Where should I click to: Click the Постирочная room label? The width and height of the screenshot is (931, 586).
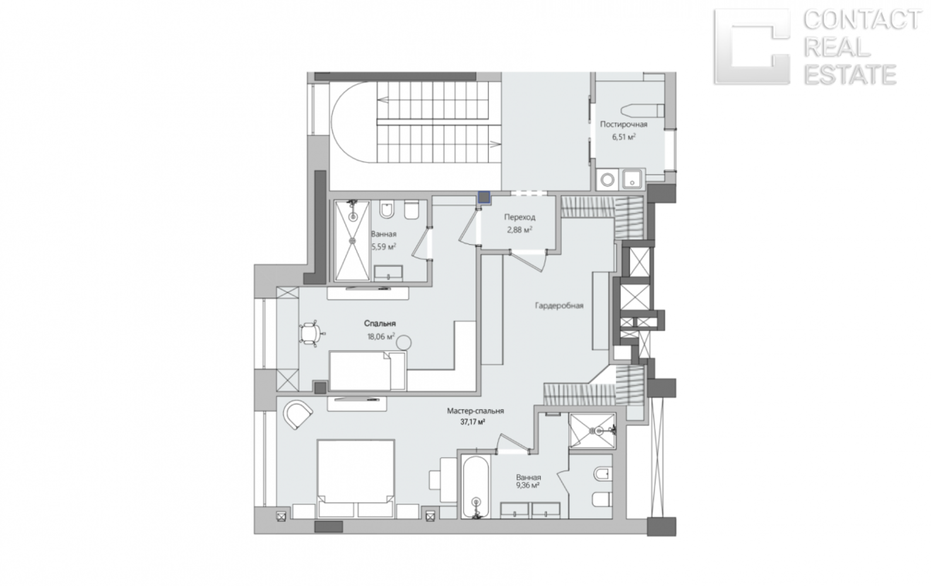pyautogui.click(x=624, y=124)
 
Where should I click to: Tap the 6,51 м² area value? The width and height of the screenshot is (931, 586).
pyautogui.click(x=624, y=137)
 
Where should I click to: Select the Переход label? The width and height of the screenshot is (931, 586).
pyautogui.click(x=520, y=217)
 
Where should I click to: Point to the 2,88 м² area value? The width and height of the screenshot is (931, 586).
pyautogui.click(x=520, y=230)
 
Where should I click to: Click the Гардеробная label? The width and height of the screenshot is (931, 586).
pyautogui.click(x=559, y=306)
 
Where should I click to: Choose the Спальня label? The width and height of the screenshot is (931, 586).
pyautogui.click(x=380, y=323)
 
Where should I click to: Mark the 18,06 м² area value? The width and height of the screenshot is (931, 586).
pyautogui.click(x=381, y=336)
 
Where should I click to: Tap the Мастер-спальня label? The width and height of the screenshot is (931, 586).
pyautogui.click(x=476, y=411)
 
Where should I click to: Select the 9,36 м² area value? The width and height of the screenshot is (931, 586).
pyautogui.click(x=528, y=485)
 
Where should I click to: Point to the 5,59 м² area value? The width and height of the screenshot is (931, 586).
pyautogui.click(x=384, y=247)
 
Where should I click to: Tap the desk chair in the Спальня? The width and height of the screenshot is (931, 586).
pyautogui.click(x=311, y=333)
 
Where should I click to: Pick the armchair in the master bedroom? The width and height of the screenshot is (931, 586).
pyautogui.click(x=297, y=414)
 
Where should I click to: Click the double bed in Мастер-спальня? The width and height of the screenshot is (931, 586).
pyautogui.click(x=356, y=478)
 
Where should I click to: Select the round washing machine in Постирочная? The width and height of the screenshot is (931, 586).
pyautogui.click(x=608, y=180)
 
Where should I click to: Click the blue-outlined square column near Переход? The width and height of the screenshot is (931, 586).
pyautogui.click(x=484, y=197)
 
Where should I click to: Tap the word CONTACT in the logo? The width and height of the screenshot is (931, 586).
pyautogui.click(x=862, y=20)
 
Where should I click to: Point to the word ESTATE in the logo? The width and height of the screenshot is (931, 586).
pyautogui.click(x=849, y=74)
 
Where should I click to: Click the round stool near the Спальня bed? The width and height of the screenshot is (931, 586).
pyautogui.click(x=404, y=343)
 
